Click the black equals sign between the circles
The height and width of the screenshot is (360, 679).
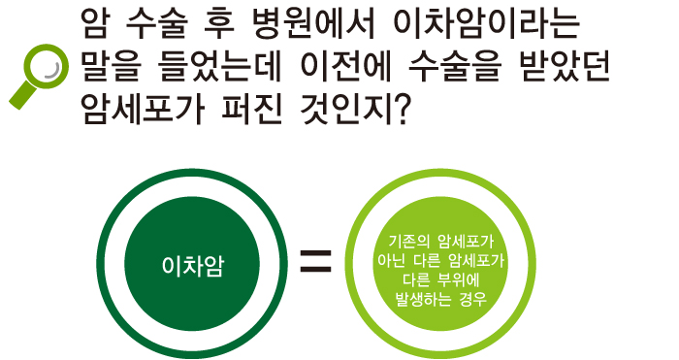[x=314, y=261]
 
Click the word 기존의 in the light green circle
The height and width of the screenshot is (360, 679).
[x=405, y=241]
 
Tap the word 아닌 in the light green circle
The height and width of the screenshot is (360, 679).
[x=393, y=260]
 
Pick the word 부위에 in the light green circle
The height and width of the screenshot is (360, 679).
[x=464, y=280]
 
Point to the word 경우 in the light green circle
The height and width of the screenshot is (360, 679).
[x=470, y=301]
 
